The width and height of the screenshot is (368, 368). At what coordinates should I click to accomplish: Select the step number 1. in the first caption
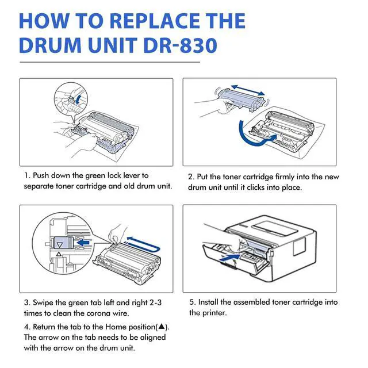pyautogui.click(x=27, y=175)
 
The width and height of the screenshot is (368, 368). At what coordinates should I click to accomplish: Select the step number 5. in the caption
pyautogui.click(x=193, y=302)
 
